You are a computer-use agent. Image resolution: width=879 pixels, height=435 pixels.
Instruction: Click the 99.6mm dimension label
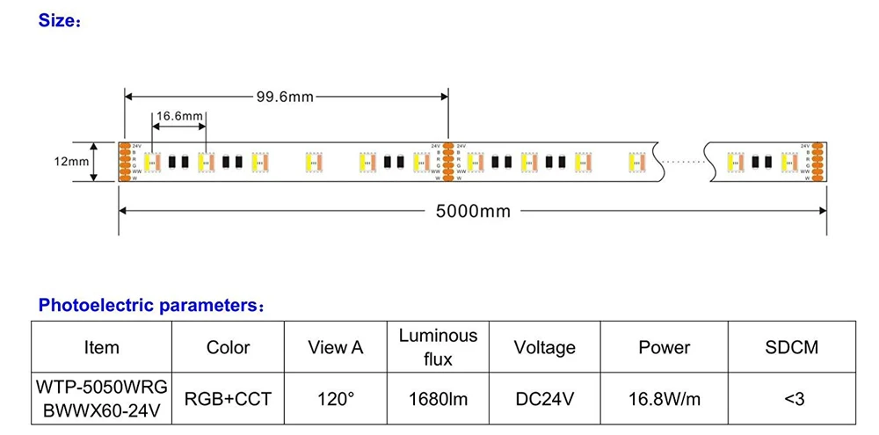[285, 98]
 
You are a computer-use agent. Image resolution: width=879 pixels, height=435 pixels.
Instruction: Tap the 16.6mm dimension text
[179, 116]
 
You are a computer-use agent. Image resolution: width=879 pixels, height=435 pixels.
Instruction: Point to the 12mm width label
[71, 162]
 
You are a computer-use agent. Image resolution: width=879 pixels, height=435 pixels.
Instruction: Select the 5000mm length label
[474, 211]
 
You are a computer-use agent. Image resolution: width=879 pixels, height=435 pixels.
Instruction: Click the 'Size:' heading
[60, 20]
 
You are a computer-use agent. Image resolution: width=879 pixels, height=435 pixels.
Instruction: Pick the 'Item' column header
[101, 347]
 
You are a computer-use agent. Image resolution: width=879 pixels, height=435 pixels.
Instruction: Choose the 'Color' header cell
[228, 347]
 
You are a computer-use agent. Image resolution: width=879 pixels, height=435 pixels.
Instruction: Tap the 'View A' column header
[335, 347]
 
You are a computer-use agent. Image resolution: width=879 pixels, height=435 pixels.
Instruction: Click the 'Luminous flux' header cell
[438, 347]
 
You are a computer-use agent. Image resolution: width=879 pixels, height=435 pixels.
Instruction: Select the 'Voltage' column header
[544, 347]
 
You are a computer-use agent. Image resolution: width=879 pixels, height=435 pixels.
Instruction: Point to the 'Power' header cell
[664, 347]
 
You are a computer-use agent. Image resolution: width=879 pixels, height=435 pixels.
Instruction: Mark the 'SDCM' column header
[791, 347]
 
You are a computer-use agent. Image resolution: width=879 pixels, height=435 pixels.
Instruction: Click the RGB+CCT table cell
[228, 398]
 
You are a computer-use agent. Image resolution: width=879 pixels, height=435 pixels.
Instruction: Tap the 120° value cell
[335, 398]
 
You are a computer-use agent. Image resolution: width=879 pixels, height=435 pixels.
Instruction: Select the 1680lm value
[438, 398]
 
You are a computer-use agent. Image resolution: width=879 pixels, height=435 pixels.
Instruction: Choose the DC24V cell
[544, 398]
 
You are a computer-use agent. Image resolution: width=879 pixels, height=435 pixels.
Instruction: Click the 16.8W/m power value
[664, 398]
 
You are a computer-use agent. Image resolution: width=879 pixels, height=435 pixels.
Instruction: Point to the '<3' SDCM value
[791, 398]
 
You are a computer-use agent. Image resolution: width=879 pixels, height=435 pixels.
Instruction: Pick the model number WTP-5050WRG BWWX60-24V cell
[101, 398]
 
